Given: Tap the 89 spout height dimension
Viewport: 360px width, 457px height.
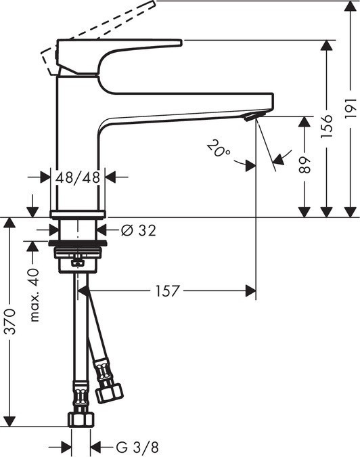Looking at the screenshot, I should click(305, 167).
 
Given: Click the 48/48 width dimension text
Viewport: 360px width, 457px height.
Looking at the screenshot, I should click(78, 177).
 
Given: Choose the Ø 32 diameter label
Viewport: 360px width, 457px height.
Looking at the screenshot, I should click(138, 231).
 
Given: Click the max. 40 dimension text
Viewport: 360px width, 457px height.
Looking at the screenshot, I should click(34, 295).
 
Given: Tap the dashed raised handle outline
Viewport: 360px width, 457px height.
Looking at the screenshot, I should click(102, 28).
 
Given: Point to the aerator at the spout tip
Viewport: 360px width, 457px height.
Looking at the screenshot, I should click(251, 118).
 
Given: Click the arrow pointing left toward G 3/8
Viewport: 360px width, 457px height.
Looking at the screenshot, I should click(95, 447).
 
